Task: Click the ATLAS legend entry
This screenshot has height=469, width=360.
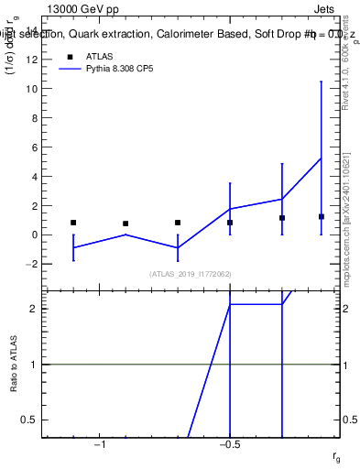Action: pyautogui.click(x=99, y=56)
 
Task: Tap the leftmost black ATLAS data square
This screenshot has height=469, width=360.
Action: pyautogui.click(x=73, y=223)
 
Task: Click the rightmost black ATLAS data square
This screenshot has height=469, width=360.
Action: pyautogui.click(x=322, y=216)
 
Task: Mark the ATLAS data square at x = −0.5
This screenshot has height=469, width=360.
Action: pyautogui.click(x=230, y=223)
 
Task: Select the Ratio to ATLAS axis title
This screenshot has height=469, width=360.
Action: pyautogui.click(x=16, y=365)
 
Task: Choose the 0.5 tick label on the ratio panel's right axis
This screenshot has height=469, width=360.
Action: pyautogui.click(x=349, y=420)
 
